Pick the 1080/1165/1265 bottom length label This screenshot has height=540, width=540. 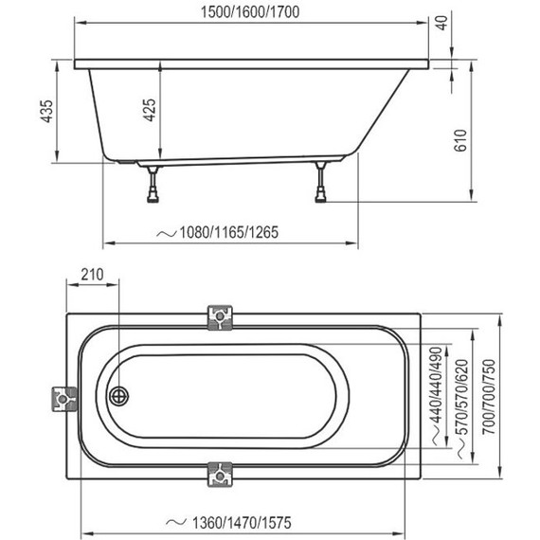coord(219,232)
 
